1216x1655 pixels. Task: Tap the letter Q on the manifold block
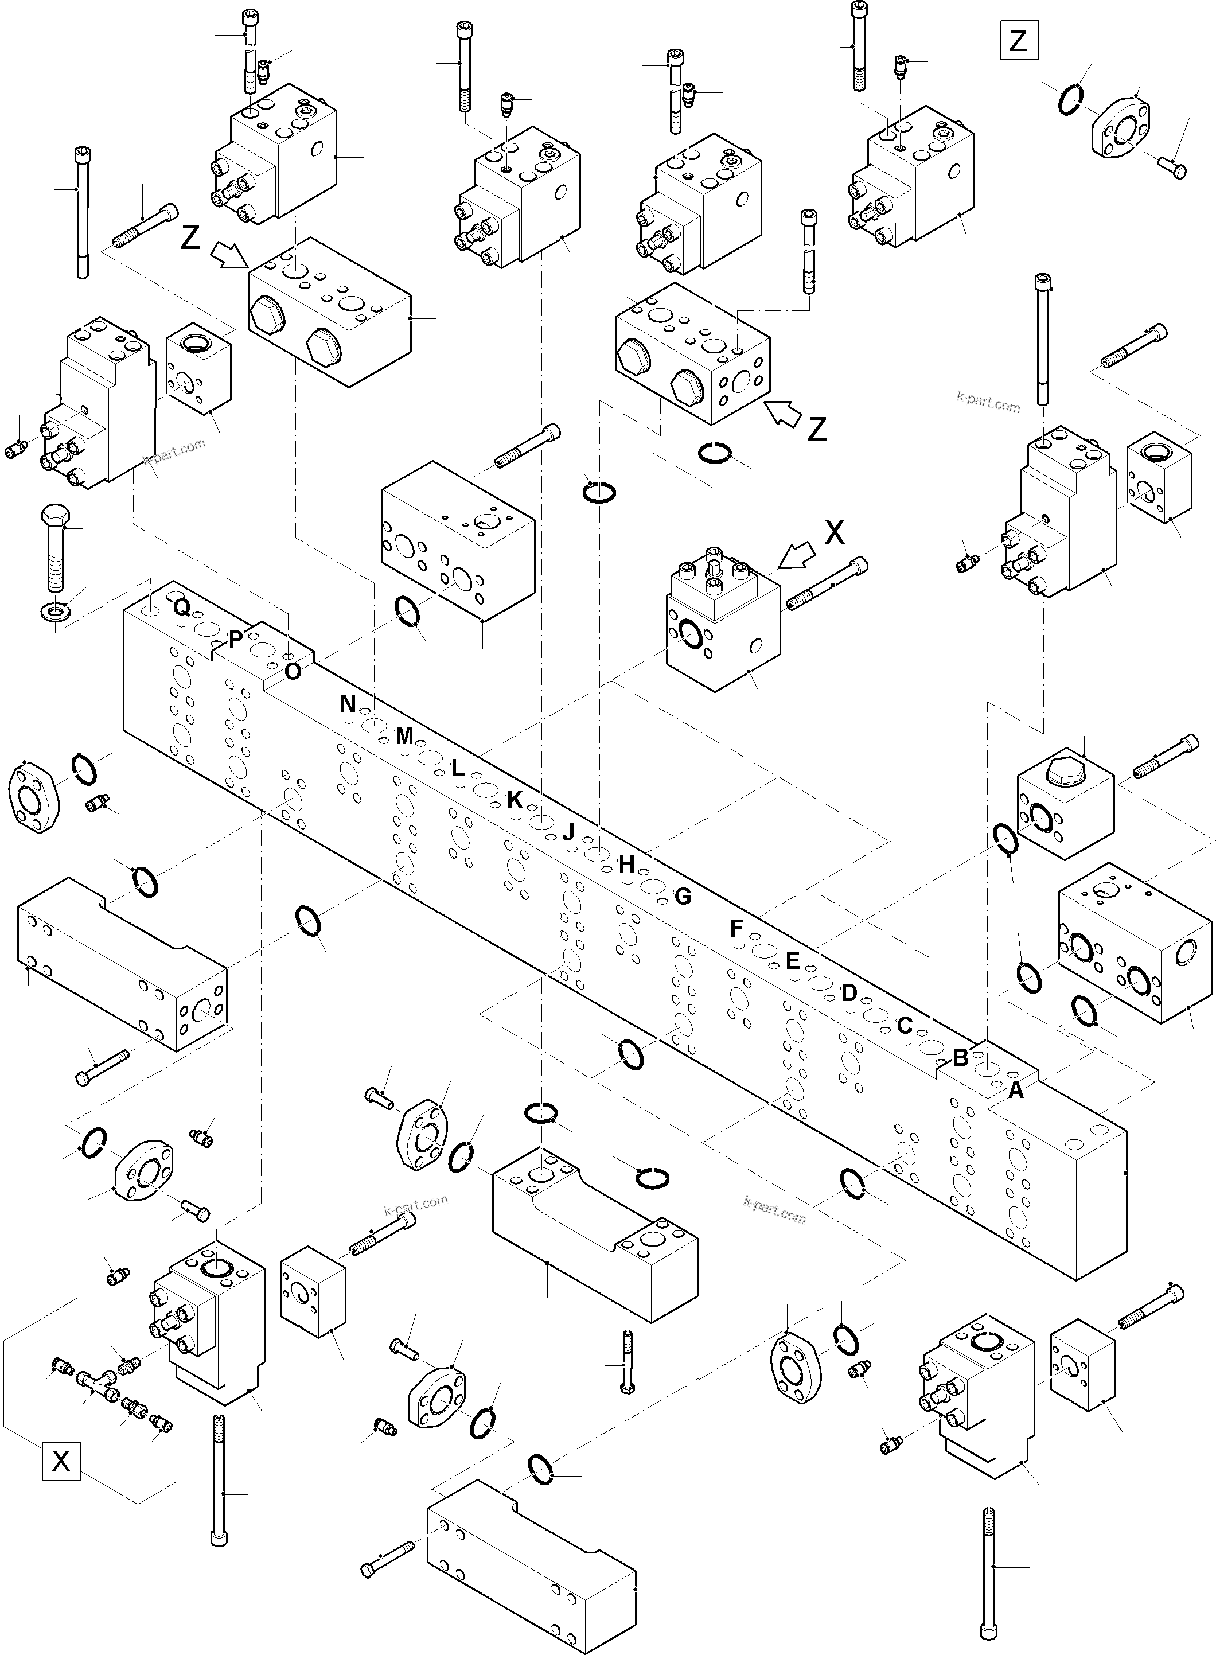[182, 608]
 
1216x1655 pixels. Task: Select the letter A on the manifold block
[1016, 1091]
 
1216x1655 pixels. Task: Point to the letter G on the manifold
[683, 896]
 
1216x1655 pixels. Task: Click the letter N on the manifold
[348, 704]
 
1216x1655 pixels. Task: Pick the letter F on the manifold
[736, 929]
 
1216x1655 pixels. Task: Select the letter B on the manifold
[961, 1058]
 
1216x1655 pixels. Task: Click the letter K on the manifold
[515, 800]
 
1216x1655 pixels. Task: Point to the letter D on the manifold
[849, 993]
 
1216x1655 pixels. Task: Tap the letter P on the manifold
[236, 639]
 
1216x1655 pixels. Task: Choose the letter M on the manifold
[404, 735]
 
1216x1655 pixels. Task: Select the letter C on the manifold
[905, 1025]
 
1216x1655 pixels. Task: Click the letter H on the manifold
[626, 865]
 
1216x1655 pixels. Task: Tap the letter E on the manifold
[792, 961]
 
